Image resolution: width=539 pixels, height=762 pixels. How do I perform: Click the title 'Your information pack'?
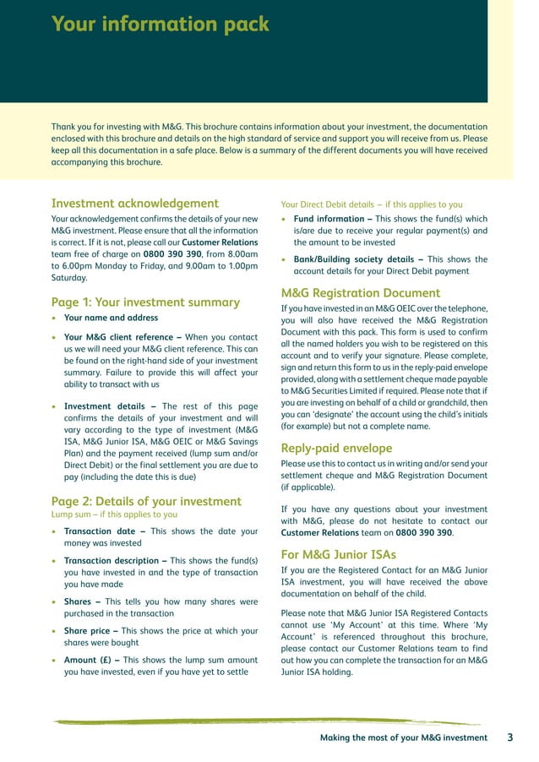[x=161, y=24]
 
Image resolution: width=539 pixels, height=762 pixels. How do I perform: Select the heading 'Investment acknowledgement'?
[x=135, y=203]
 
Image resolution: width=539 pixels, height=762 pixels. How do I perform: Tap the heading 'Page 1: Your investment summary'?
[x=145, y=302]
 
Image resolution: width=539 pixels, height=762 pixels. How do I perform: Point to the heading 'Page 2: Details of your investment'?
[x=146, y=501]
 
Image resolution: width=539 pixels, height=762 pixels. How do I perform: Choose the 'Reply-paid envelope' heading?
[x=336, y=448]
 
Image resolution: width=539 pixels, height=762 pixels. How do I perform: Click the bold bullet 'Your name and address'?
[x=111, y=318]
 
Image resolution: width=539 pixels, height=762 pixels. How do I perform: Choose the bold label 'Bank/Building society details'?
[x=354, y=259]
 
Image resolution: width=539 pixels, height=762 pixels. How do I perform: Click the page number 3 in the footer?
[x=510, y=738]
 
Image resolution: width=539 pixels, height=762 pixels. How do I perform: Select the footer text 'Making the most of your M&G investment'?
[x=403, y=738]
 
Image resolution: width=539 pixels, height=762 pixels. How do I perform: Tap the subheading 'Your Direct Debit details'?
[x=333, y=204]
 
